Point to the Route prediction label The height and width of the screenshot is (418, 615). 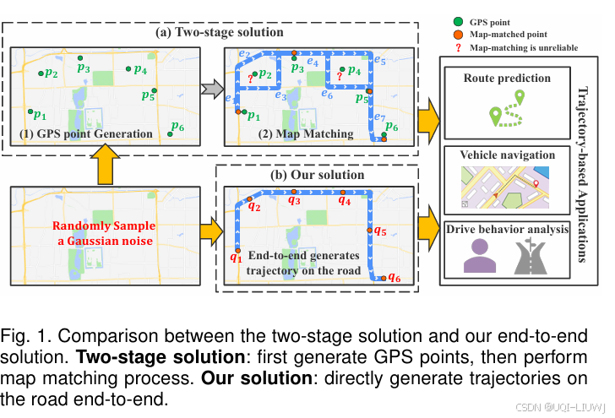(x=507, y=79)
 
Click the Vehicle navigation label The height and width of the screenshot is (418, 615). (x=507, y=155)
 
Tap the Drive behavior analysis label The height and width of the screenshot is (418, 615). (x=507, y=229)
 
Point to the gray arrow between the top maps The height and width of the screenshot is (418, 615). (x=211, y=87)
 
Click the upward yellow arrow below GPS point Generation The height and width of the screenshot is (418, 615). (x=105, y=165)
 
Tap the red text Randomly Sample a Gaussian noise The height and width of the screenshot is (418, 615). (x=103, y=235)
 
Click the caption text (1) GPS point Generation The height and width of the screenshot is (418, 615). (x=85, y=133)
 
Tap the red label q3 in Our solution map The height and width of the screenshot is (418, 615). (x=294, y=201)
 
